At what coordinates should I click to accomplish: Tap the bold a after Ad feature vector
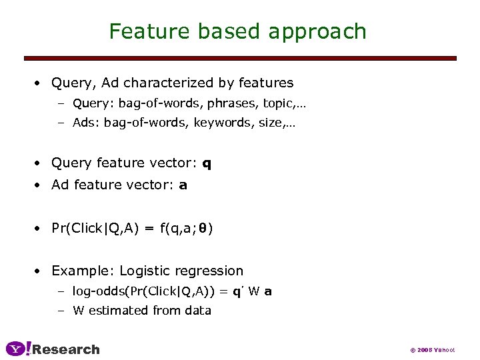(183, 185)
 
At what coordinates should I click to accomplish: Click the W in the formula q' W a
(253, 291)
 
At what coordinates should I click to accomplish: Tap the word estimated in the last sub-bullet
(118, 310)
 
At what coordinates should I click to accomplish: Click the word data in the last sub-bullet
(198, 310)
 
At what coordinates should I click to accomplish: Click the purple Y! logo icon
(18, 349)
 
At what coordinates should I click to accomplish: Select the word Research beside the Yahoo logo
(66, 349)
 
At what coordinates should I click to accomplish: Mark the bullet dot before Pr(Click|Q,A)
(39, 228)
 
